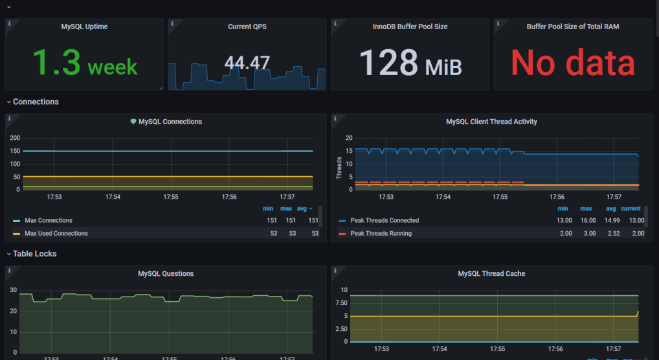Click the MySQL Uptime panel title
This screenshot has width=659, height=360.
coord(84,27)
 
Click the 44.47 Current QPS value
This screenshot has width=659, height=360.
coord(247,63)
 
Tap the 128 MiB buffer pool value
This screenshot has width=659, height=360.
coord(410,63)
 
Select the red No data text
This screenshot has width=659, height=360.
coord(572,63)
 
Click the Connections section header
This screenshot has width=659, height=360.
coord(36,102)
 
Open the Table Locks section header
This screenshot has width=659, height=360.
coord(34,254)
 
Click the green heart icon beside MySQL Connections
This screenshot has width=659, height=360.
coord(133,122)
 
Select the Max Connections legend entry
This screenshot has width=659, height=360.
coord(49,221)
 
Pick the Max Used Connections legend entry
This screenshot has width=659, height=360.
coord(56,233)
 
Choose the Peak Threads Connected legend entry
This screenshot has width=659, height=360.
coord(385,221)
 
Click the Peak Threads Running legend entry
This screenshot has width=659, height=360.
coord(381,233)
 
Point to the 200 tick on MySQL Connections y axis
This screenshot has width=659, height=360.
coord(14,138)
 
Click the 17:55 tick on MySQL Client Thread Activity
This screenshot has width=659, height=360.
coord(500,197)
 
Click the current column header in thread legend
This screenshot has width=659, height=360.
coord(631,208)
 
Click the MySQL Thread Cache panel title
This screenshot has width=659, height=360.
coord(491,274)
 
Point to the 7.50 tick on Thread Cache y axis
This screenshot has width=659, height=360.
coord(340,302)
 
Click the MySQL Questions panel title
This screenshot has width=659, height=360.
coord(166,274)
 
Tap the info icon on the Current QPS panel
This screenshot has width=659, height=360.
coord(172,23)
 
